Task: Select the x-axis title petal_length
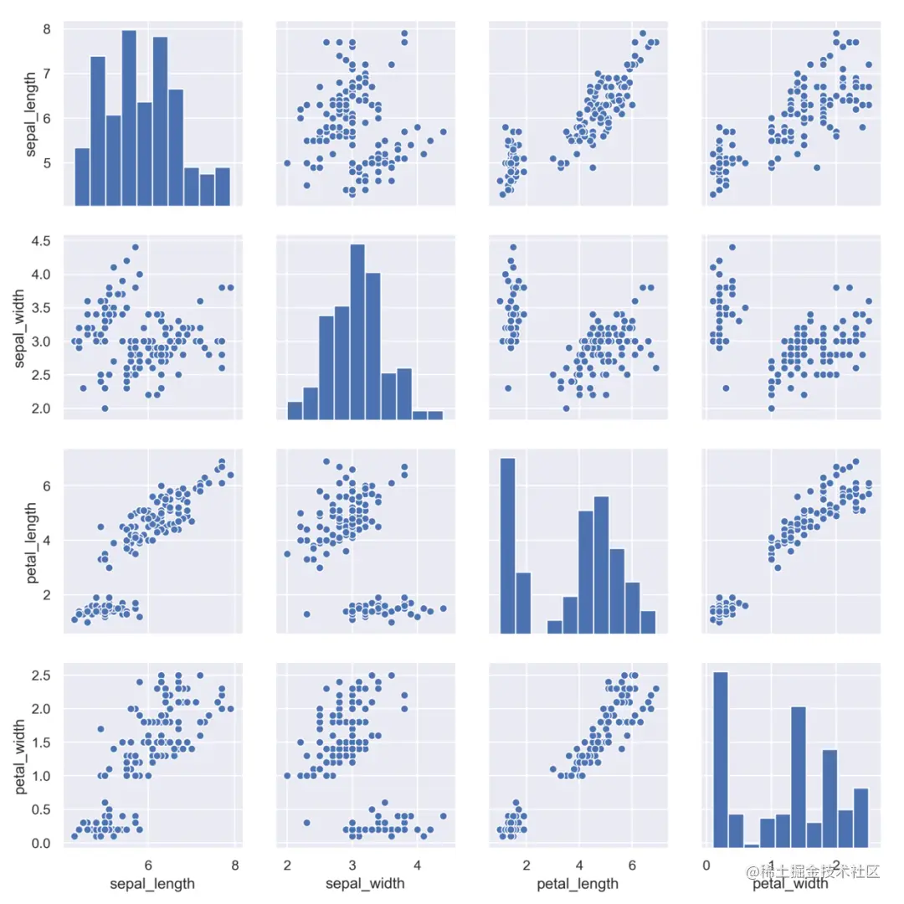578,883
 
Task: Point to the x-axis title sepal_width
365,883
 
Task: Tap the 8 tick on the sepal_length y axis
52,28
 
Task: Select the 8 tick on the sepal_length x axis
234,864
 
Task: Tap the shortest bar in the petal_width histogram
752,846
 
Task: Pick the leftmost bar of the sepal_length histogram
82,177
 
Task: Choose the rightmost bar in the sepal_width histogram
435,415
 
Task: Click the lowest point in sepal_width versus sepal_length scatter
105,408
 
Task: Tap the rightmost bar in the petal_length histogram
648,624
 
